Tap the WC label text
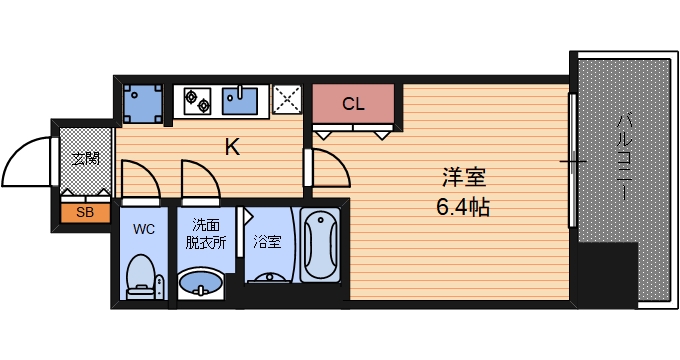click(x=143, y=228)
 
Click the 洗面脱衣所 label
click(x=207, y=234)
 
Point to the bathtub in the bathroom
click(x=321, y=246)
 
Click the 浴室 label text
click(x=266, y=241)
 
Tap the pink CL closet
click(x=353, y=103)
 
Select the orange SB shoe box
click(x=84, y=212)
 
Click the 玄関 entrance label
click(x=85, y=159)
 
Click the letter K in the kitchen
click(x=231, y=147)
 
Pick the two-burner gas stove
click(x=197, y=100)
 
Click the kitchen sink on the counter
click(x=241, y=100)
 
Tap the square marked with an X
click(x=287, y=100)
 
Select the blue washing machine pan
click(x=143, y=102)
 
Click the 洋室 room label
click(x=463, y=180)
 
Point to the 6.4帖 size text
click(x=461, y=209)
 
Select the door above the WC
click(x=138, y=180)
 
